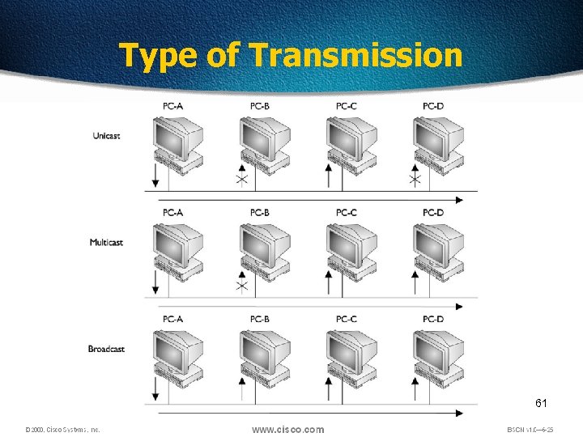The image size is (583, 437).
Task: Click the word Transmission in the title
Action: point(356,56)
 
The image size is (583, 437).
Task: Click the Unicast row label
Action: point(106,136)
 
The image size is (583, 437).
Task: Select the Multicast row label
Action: point(106,242)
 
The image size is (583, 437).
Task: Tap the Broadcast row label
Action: point(106,349)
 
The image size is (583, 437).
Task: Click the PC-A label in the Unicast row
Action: point(172,106)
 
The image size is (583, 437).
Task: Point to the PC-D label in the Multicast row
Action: point(433,213)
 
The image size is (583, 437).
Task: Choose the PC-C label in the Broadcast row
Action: point(346,319)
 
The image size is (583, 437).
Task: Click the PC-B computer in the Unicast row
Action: point(264,145)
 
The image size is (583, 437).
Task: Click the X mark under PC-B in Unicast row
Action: point(241,180)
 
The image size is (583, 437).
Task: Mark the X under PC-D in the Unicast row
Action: point(415,179)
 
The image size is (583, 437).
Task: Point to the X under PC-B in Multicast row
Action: point(241,286)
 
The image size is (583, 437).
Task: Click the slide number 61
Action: point(542,402)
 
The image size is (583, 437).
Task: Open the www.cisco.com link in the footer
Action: point(287,430)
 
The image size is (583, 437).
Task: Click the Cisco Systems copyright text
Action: point(62,430)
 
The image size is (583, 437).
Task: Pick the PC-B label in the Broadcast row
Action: point(259,319)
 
